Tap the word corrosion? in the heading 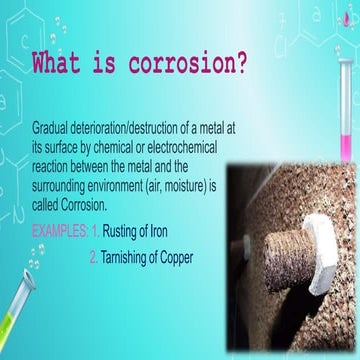click(190, 64)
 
